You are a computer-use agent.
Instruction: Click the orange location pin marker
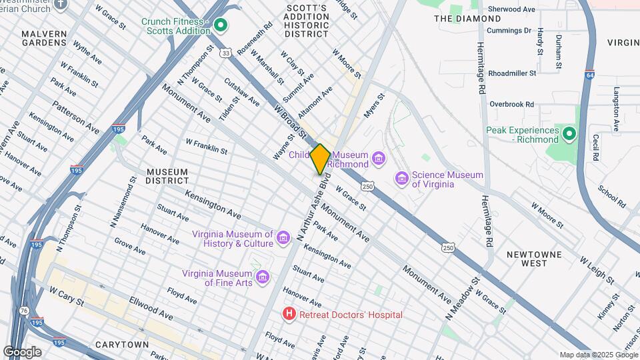pyautogui.click(x=320, y=159)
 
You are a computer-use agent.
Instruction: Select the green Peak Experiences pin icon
pyautogui.click(x=569, y=135)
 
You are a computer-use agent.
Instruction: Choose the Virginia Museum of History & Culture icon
pyautogui.click(x=283, y=238)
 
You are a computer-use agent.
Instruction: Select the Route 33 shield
pyautogui.click(x=227, y=52)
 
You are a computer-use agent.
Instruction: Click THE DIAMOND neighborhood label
pyautogui.click(x=458, y=19)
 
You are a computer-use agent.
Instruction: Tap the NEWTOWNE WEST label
pyautogui.click(x=535, y=259)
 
